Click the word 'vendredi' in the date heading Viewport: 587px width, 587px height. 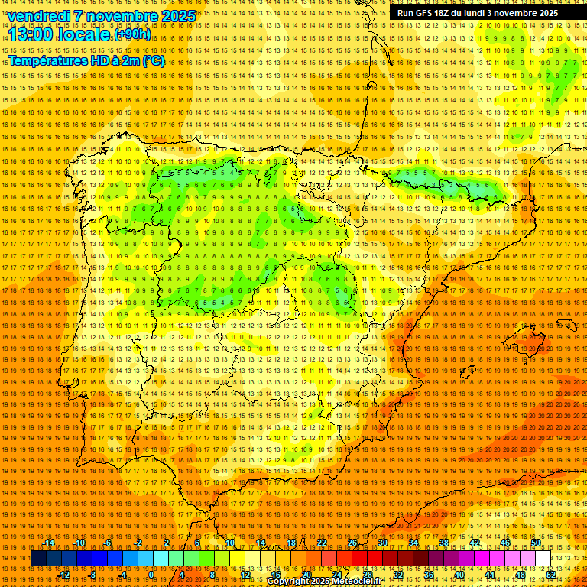pyautogui.click(x=39, y=16)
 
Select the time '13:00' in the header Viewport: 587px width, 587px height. pyautogui.click(x=33, y=34)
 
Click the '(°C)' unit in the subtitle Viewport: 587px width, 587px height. pyautogui.click(x=153, y=60)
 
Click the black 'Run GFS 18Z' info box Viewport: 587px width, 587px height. pyautogui.click(x=477, y=13)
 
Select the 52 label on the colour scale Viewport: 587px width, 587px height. pyautogui.click(x=551, y=575)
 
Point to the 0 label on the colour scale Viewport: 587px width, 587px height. pyautogui.click(x=151, y=575)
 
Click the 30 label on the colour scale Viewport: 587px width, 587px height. pyautogui.click(x=383, y=543)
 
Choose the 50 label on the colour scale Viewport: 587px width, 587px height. pyautogui.click(x=536, y=543)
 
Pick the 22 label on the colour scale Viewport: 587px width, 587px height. pyautogui.click(x=322, y=543)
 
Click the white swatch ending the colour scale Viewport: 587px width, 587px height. pyautogui.click(x=543, y=559)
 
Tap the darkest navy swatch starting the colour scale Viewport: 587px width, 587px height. pyautogui.click(x=38, y=559)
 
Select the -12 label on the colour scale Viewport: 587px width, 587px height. pyautogui.click(x=64, y=575)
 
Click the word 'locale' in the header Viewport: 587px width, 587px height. pyautogui.click(x=85, y=34)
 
